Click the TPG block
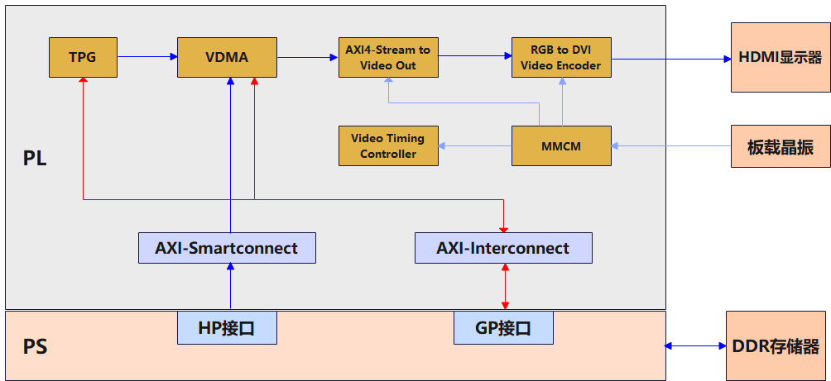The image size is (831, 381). [83, 57]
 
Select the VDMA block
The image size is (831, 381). [227, 57]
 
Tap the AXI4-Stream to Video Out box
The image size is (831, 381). [388, 57]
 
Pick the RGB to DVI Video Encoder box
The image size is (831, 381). [561, 57]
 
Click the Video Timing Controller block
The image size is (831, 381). [388, 145]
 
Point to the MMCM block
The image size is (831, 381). [561, 145]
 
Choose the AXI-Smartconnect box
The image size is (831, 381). [227, 248]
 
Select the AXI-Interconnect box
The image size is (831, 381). [503, 248]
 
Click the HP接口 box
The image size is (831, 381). [227, 327]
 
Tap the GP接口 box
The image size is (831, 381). [503, 327]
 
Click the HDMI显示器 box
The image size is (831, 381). [781, 57]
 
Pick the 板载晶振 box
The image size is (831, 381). [781, 146]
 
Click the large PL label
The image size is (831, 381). [35, 158]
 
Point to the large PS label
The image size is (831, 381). [35, 347]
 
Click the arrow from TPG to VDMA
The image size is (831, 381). [147, 57]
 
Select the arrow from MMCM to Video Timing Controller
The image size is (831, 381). [475, 146]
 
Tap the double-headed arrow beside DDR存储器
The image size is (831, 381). [695, 345]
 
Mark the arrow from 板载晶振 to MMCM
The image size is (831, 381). [671, 146]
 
